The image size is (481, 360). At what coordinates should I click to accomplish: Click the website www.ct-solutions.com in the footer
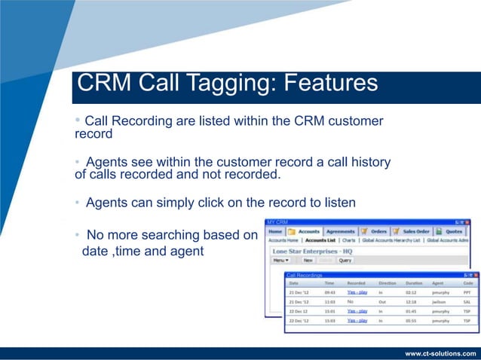point(441,352)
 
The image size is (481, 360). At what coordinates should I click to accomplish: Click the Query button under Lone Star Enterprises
point(345,261)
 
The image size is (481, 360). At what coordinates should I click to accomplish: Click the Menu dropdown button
point(281,261)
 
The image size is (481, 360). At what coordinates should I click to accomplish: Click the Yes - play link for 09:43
point(357,291)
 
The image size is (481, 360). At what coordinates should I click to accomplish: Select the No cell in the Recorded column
point(351,301)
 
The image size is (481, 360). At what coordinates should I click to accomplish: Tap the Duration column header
point(415,283)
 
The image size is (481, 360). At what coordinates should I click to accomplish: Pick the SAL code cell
point(467,301)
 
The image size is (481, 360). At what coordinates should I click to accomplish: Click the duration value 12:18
point(411,301)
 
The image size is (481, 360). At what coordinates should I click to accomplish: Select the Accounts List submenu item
point(320,240)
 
